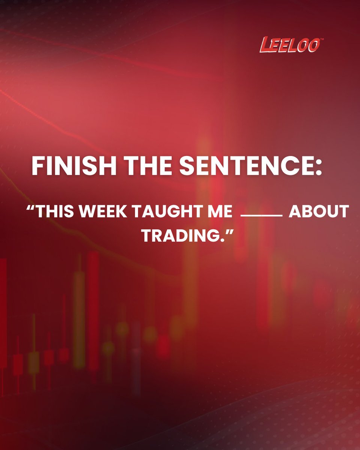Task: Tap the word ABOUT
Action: tap(318, 212)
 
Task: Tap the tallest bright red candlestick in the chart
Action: tap(93, 311)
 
